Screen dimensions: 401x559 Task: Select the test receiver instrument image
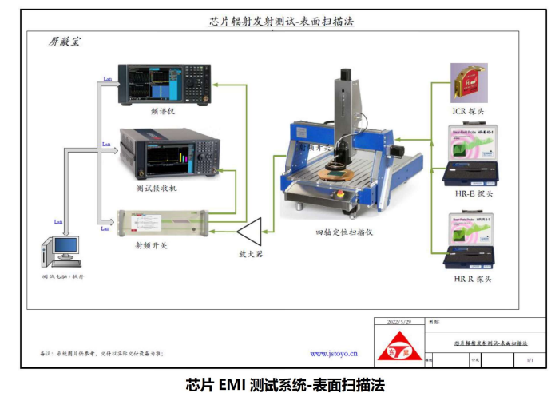[168, 153]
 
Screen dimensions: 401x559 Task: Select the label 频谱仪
[162, 111]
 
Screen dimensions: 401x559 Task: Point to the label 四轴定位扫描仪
[344, 232]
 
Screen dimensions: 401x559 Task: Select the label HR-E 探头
[470, 193]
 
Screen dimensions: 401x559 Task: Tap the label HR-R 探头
[470, 279]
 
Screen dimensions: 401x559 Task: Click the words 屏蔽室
[64, 41]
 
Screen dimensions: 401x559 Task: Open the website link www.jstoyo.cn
[333, 352]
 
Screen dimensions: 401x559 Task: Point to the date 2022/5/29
[398, 321]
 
